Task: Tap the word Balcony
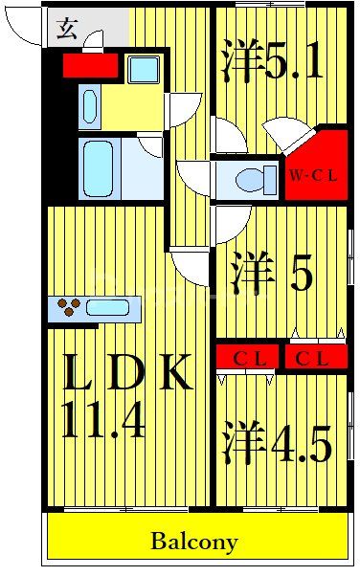tap(193, 541)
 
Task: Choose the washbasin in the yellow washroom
tap(89, 105)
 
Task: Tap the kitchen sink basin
tap(107, 308)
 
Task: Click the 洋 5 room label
tap(272, 276)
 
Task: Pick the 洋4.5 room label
tap(278, 441)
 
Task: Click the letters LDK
tap(127, 373)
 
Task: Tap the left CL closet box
tap(248, 359)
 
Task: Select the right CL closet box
tap(312, 359)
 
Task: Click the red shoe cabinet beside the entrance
tap(90, 65)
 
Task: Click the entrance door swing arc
tap(24, 29)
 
